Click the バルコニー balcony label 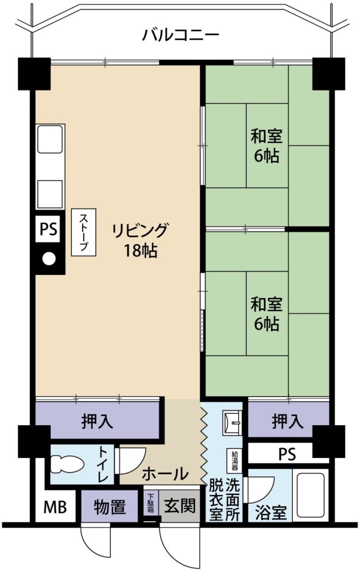(x=181, y=35)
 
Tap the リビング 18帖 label (x=140, y=240)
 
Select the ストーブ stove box (x=83, y=232)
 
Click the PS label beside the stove (x=49, y=230)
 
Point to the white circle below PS (x=49, y=259)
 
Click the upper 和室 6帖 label (x=267, y=146)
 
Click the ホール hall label (x=165, y=474)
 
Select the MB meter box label (x=55, y=507)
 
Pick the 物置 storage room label (x=110, y=507)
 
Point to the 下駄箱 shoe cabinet (x=151, y=503)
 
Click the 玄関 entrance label (x=179, y=506)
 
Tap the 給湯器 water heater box (x=234, y=460)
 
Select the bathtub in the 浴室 (x=310, y=495)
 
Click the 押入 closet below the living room (x=97, y=421)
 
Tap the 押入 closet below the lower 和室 (x=288, y=421)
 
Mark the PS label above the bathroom (x=287, y=455)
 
